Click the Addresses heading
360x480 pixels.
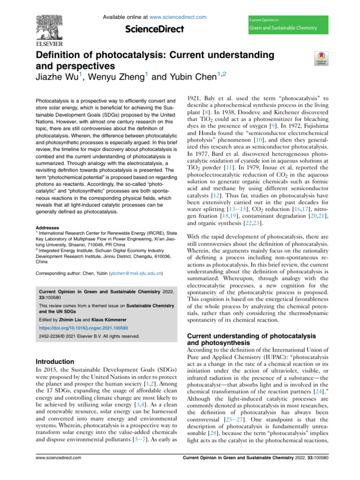(47, 215)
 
